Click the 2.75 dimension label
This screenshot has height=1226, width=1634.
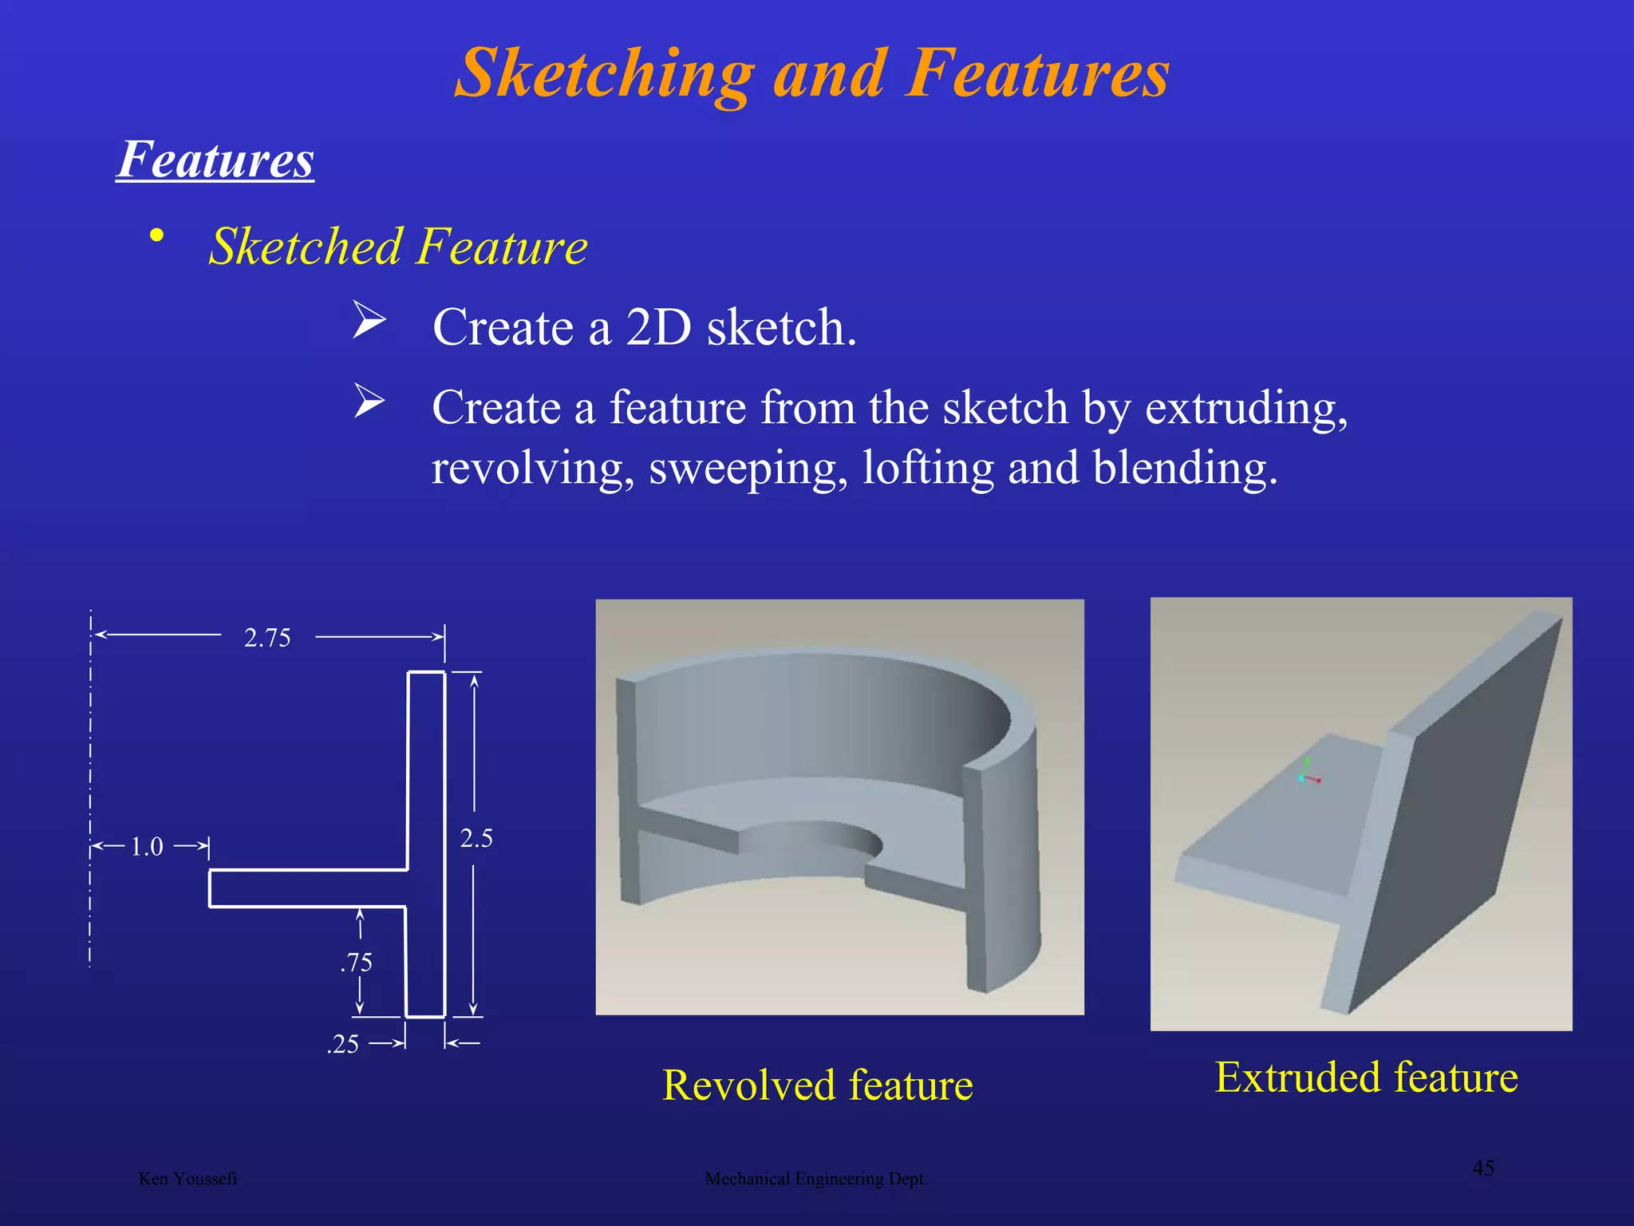coord(267,638)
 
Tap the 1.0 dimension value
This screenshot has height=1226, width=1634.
coord(147,847)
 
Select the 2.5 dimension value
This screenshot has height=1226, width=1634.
coord(476,839)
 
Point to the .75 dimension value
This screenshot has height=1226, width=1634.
coord(357,963)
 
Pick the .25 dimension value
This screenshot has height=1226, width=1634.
coord(343,1045)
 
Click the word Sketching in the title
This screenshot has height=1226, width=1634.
coord(605,73)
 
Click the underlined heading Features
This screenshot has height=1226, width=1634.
coord(215,160)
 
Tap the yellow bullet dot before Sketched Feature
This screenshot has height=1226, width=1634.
coord(157,235)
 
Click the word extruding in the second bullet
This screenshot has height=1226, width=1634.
coord(1246,409)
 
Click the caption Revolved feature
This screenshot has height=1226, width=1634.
coord(818,1086)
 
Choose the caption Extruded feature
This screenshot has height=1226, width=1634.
coord(1366,1078)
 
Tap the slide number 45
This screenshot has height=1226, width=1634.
coord(1483,1168)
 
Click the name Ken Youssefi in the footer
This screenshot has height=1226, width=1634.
coord(187,1179)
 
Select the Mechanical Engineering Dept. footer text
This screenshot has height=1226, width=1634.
coord(816,1179)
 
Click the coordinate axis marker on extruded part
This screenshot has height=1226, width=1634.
coord(1307,776)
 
